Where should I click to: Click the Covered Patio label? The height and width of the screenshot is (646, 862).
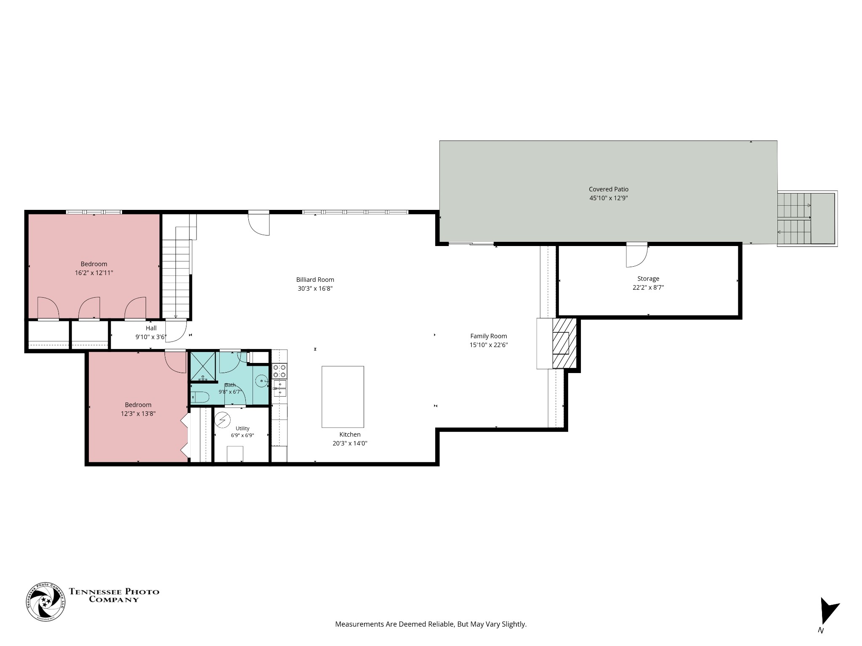point(608,189)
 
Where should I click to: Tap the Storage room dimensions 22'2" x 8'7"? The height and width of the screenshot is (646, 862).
point(648,288)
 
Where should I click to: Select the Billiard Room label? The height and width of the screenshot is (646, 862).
point(315,280)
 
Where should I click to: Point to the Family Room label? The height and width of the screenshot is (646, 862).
point(488,336)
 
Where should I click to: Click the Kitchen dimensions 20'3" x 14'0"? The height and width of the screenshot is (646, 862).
point(350,443)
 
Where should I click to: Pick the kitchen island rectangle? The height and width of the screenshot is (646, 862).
point(343,397)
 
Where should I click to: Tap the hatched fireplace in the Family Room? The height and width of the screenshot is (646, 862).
point(564,343)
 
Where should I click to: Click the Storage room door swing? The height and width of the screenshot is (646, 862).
point(636,256)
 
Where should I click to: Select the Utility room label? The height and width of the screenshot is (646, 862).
point(242,429)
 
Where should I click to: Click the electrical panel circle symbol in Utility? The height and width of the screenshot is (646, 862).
point(222,420)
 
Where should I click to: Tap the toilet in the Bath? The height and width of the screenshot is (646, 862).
point(200,397)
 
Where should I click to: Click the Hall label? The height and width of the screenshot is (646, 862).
point(151,328)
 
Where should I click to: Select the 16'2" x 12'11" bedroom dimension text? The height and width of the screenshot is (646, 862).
point(94,273)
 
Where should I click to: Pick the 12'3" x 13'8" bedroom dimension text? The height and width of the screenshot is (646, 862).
point(138,413)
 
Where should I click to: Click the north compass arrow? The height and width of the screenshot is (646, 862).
point(828,616)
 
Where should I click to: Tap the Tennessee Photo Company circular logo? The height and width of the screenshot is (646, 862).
point(46,602)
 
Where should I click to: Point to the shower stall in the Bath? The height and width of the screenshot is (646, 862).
point(203,367)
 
